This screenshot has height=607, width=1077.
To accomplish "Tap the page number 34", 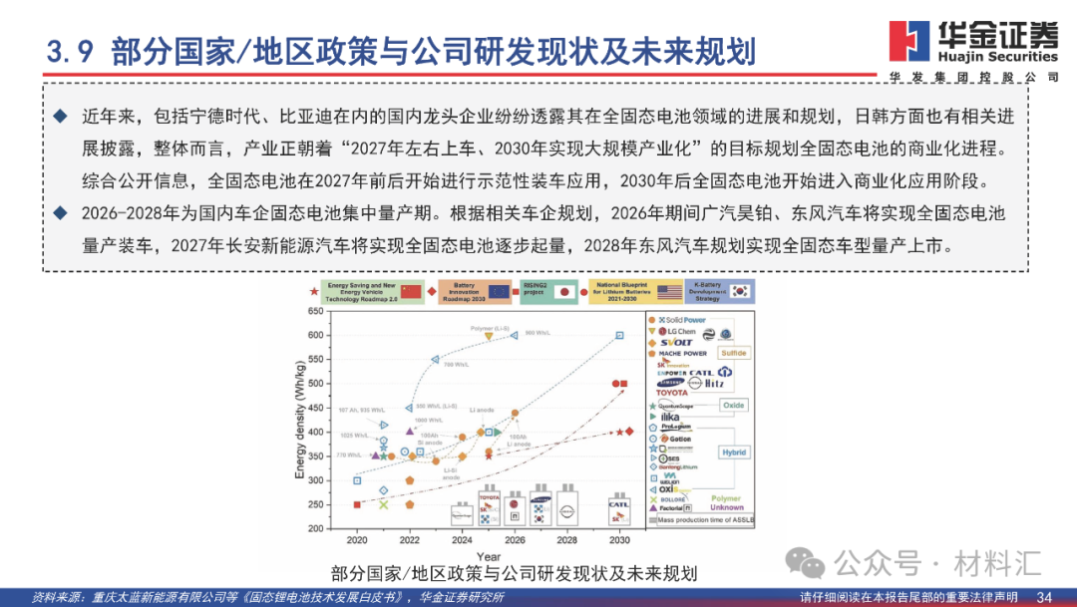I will (1045, 596).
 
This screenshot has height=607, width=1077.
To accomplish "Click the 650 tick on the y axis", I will (316, 311).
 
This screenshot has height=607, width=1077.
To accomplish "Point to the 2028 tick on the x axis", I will (567, 540).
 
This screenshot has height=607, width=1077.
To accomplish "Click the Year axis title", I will (489, 556).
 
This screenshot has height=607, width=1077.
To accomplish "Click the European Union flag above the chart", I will (500, 293).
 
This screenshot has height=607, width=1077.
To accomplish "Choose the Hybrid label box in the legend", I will (733, 452).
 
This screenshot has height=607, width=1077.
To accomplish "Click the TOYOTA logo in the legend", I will (671, 393).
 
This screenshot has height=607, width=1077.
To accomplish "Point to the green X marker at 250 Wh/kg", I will (384, 504).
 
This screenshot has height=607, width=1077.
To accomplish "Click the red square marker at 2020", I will (357, 504).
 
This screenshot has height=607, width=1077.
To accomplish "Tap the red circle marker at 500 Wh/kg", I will (615, 384).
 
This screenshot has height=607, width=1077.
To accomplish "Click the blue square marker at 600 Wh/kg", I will (619, 336).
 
